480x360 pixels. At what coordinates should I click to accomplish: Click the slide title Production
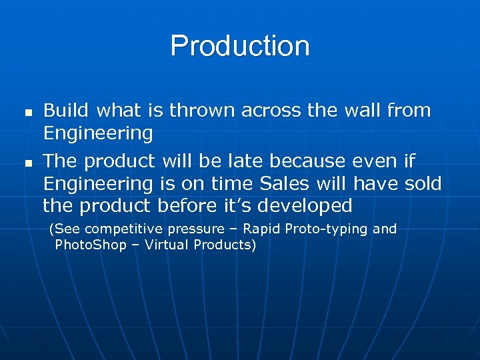240,47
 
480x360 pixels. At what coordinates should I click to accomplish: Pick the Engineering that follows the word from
98,133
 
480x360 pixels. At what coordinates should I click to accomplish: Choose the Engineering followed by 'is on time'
98,183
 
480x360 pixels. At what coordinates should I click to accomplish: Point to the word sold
423,183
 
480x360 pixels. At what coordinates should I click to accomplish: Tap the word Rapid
261,229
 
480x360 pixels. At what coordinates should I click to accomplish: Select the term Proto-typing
327,229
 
